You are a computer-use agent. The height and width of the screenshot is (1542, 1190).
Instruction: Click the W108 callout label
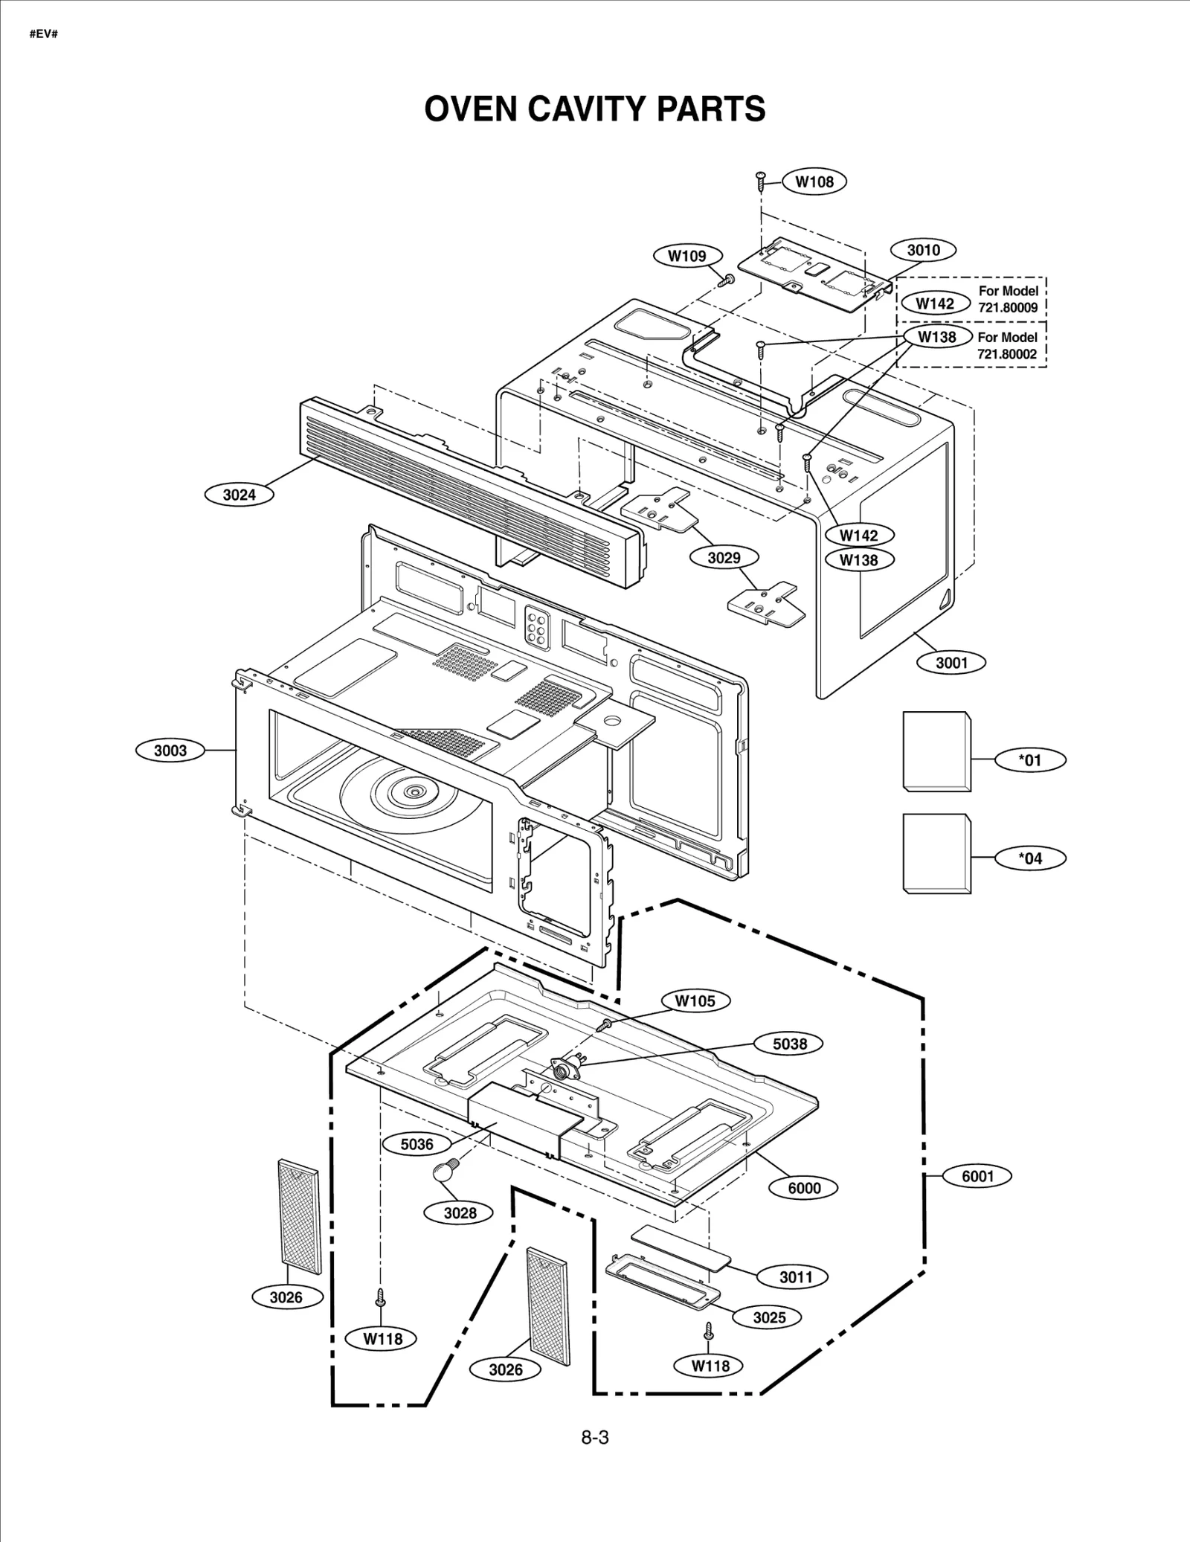coord(814,181)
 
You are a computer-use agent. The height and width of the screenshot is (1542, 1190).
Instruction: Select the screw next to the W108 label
coord(761,179)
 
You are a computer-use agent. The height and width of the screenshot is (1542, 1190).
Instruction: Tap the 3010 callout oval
coord(923,250)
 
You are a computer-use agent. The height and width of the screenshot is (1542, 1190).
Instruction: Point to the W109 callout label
coord(687,256)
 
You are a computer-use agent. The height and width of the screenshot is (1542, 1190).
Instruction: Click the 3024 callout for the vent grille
coord(239,495)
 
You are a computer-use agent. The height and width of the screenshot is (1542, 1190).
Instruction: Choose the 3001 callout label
coord(951,663)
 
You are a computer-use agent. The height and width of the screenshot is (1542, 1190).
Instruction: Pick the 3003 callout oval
coord(170,751)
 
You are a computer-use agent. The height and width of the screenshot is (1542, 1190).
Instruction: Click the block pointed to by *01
coord(936,751)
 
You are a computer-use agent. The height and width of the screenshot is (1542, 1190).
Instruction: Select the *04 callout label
coord(1030,858)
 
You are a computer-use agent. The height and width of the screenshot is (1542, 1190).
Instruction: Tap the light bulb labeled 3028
coord(444,1172)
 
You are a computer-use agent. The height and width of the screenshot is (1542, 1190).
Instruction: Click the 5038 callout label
coord(789,1044)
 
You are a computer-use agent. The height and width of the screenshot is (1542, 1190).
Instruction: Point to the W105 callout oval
coord(695,1001)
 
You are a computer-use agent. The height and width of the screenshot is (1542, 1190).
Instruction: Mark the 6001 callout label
coord(977,1176)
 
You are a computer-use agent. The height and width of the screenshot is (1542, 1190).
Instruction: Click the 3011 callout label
coord(795,1277)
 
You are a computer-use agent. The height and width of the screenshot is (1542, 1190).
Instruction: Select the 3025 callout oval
coord(769,1317)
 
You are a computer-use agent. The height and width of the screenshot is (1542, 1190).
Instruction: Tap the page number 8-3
coord(595,1438)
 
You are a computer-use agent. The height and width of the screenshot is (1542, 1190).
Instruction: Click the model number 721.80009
coord(1007,307)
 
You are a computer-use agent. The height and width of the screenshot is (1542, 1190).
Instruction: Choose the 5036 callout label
coord(416,1144)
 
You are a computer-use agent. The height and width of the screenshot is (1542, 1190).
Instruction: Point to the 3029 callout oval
coord(724,557)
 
